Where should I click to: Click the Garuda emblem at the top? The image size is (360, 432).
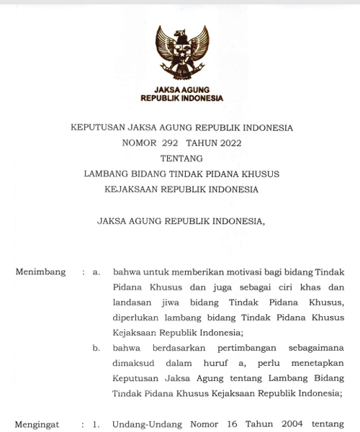[181, 53]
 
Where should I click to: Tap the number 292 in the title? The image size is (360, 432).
[170, 143]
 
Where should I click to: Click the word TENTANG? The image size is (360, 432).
[181, 158]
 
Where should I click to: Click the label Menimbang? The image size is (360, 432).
[40, 272]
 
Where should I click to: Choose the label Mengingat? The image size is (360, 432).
[37, 425]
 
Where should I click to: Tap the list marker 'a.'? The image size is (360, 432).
[96, 272]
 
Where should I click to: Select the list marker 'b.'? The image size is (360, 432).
[96, 348]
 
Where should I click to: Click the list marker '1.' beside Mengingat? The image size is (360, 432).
[96, 425]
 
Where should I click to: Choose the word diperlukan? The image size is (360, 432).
[137, 318]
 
